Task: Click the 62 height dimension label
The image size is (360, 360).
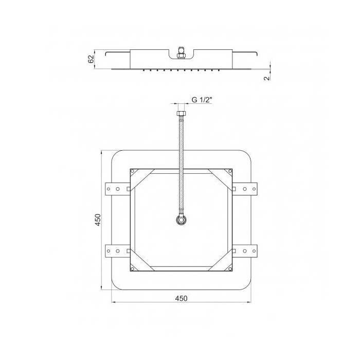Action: [91, 59]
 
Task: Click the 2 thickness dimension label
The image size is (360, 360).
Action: [267, 78]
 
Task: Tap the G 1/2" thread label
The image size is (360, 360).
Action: [202, 100]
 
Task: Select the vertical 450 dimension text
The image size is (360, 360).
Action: [98, 220]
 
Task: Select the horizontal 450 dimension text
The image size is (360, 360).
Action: [182, 298]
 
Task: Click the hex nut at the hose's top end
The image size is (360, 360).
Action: [182, 113]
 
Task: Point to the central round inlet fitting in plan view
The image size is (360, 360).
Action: [182, 220]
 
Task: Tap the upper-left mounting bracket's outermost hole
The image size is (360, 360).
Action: [109, 189]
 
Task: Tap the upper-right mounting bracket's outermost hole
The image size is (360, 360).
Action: [254, 189]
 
